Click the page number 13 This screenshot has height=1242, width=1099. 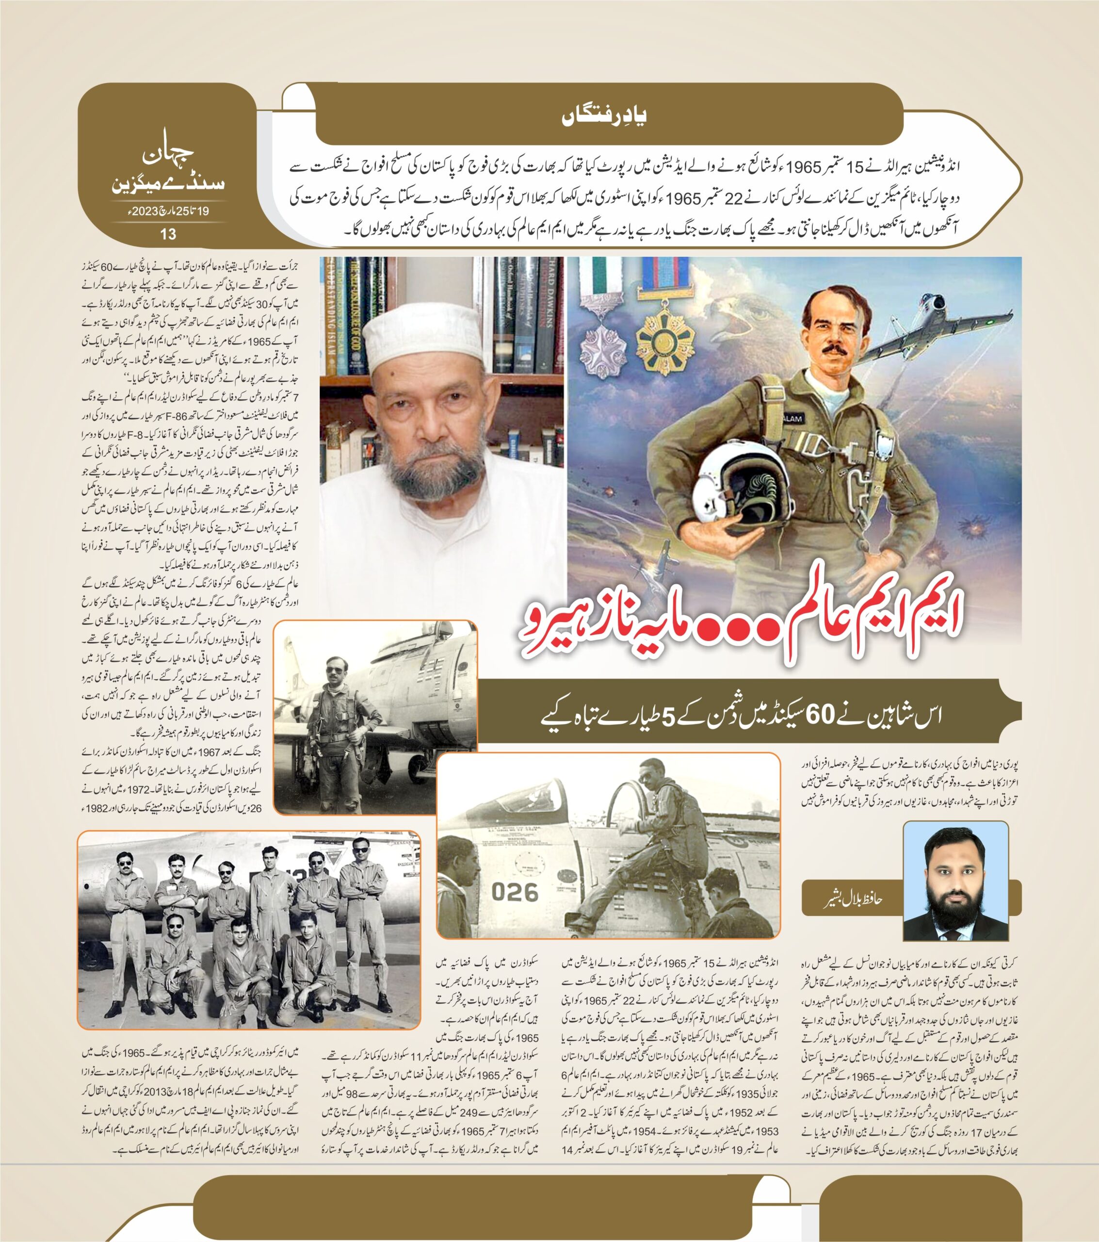167,233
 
